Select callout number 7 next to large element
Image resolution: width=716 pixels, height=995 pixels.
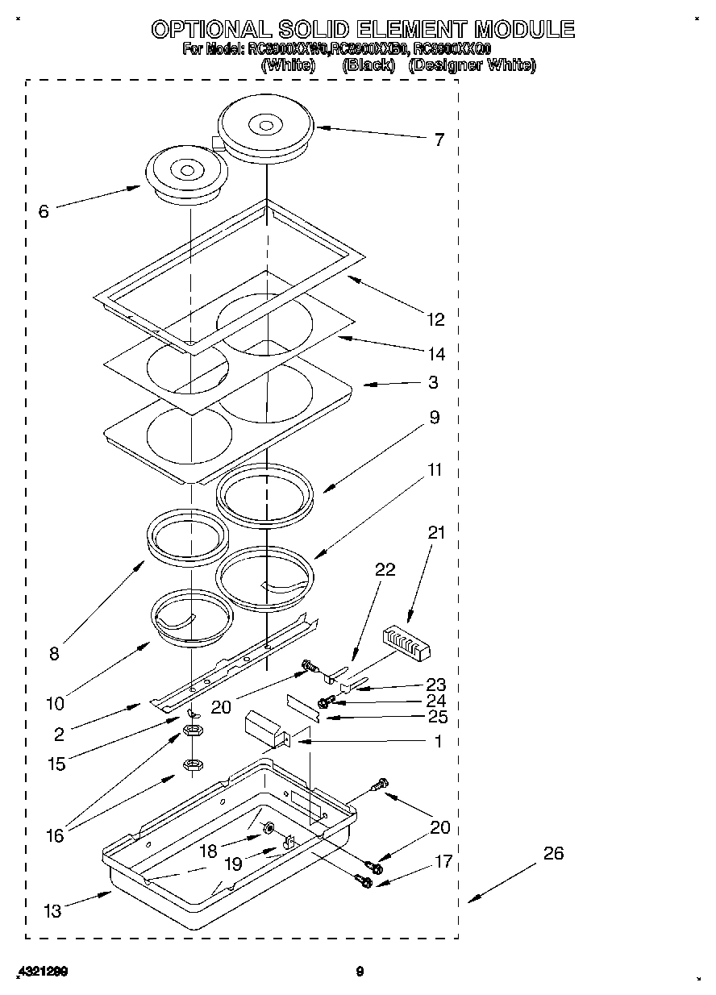439,140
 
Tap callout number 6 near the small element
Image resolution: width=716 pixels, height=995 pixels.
44,212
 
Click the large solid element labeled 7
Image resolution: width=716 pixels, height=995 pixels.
265,129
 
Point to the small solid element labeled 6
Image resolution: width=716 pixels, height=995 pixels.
186,173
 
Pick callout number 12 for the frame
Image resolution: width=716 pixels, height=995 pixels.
435,320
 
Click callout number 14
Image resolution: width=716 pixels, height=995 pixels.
436,354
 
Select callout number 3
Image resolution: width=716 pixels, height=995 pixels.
433,382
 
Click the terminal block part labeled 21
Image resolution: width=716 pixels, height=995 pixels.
408,643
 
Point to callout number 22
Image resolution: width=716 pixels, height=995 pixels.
385,569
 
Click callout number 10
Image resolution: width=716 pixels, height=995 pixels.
55,702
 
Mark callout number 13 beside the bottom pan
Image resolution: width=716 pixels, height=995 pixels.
52,912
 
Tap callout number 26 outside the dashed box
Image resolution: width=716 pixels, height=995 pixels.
553,853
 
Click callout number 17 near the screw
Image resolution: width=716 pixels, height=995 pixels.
443,862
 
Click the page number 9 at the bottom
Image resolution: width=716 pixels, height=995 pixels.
360,972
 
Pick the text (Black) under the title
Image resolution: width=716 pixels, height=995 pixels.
368,66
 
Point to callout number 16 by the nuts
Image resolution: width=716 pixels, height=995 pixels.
55,836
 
